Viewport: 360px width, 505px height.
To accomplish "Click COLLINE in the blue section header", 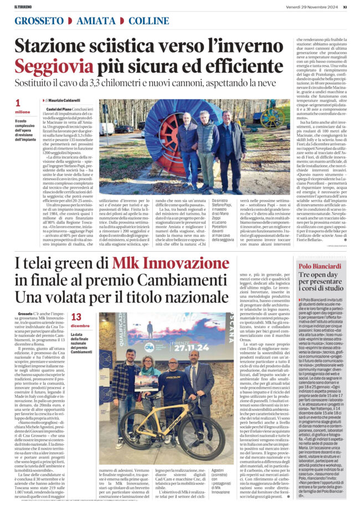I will [149, 21].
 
